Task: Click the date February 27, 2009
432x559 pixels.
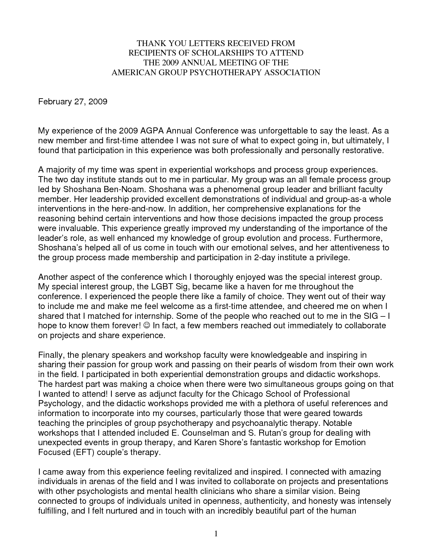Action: coord(73,101)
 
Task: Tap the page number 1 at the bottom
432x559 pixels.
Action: coord(216,534)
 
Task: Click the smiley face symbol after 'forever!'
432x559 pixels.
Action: coord(146,326)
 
